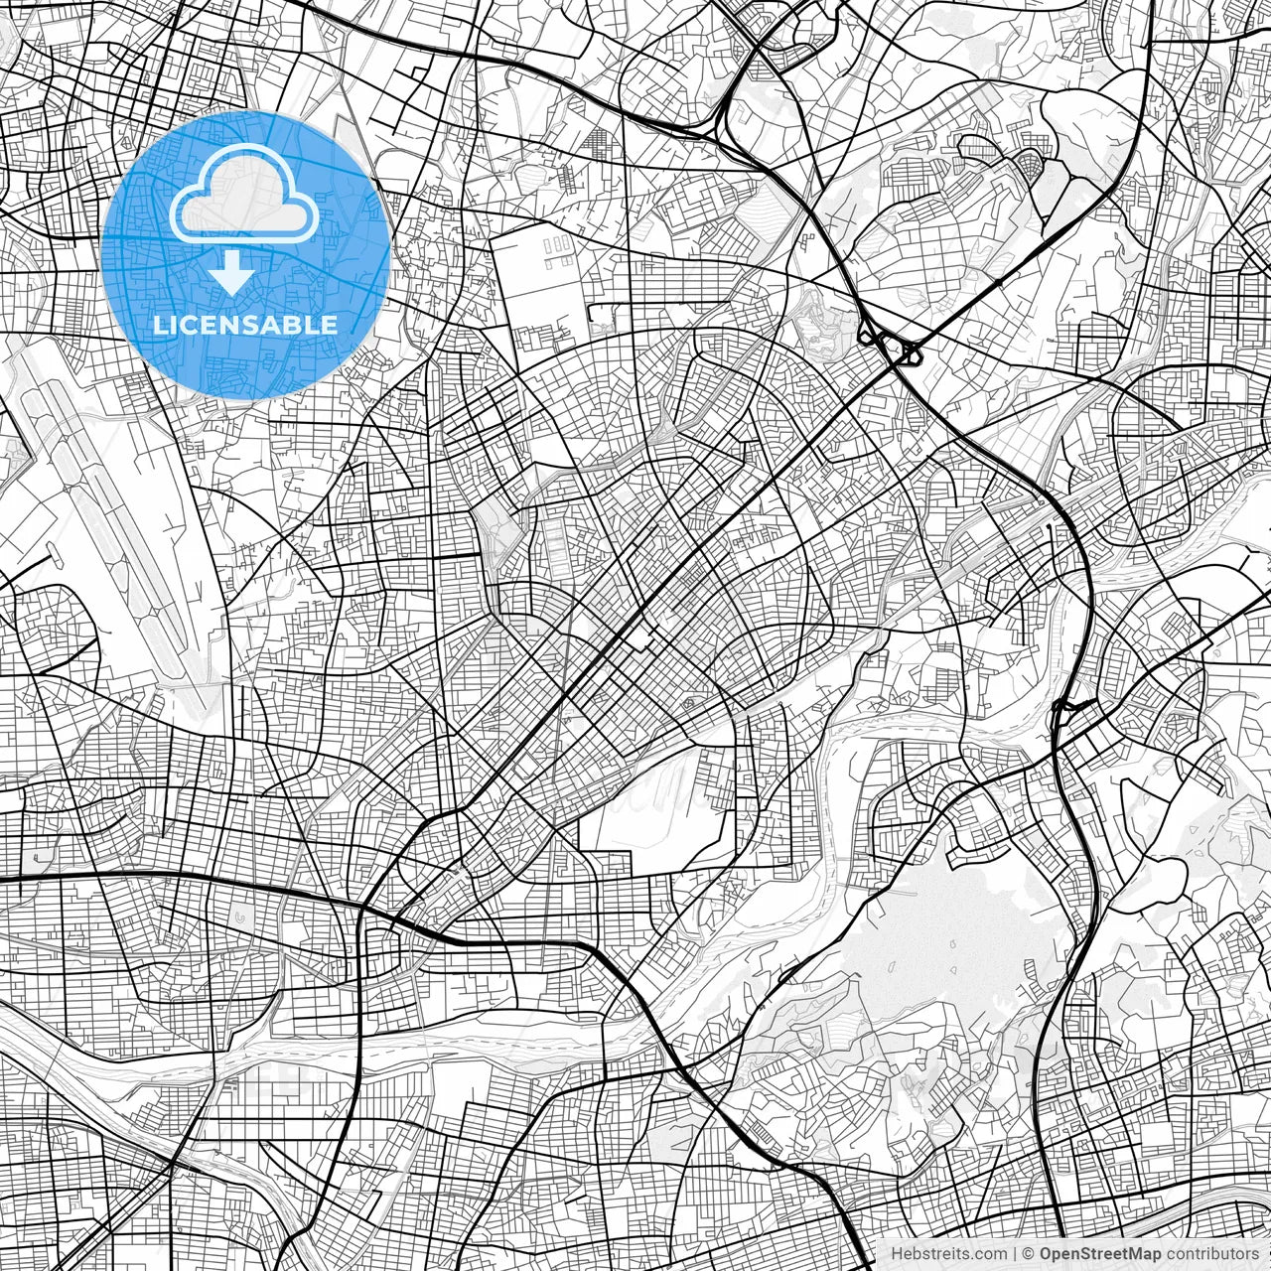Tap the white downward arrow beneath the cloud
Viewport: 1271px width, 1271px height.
232,272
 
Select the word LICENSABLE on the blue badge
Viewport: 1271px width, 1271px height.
245,325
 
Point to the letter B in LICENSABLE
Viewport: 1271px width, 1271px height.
299,325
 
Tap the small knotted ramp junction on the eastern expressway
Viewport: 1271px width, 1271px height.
1064,711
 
